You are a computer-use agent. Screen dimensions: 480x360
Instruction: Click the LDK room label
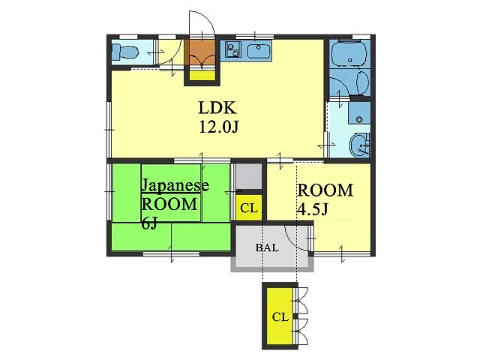coord(217,108)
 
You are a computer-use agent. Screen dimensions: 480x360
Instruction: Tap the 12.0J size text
coord(218,127)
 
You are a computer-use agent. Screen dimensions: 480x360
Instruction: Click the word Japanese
coord(175,186)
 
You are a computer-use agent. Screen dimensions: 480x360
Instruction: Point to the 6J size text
coord(149,223)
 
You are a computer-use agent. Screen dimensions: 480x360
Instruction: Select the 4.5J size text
coord(313,209)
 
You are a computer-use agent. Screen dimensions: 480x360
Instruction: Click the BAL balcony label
coord(267,247)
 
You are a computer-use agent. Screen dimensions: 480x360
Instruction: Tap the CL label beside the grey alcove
coord(249,208)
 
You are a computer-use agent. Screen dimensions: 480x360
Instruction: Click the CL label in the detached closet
coord(280,316)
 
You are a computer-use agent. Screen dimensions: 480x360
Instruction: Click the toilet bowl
coord(124,52)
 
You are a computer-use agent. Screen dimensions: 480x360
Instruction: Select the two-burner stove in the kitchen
coord(233,49)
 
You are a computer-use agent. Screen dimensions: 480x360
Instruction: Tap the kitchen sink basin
coord(259,51)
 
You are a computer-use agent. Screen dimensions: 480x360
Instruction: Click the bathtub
coord(349,54)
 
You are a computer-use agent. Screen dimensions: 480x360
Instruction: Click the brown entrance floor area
coord(202,52)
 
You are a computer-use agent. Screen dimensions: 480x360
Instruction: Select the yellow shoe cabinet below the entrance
coord(202,75)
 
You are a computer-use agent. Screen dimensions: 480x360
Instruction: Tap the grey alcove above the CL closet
coord(248,176)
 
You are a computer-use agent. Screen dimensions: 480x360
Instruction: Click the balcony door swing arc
coord(293,241)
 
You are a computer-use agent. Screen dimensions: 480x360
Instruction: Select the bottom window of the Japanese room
coord(172,253)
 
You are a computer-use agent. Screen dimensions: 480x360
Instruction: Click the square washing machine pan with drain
coord(359,112)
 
